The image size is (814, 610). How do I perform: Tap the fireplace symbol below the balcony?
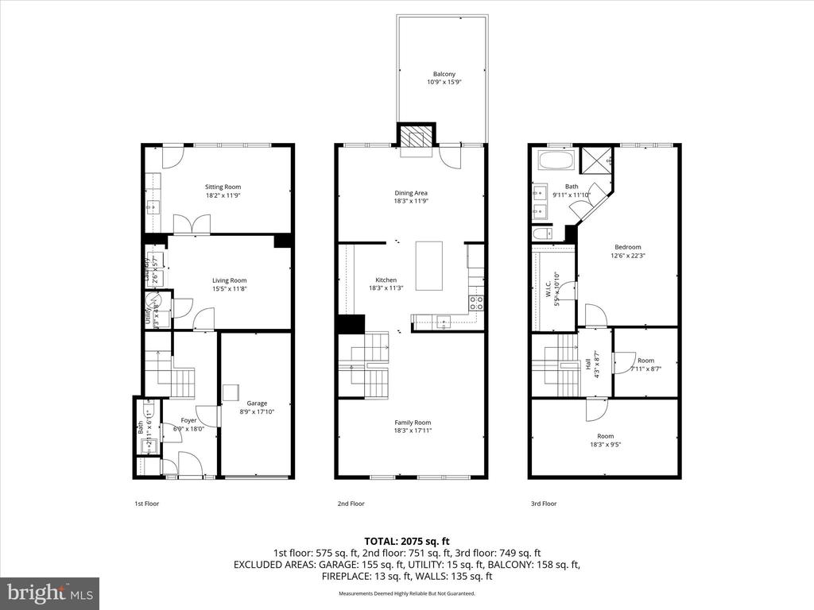tap(417, 137)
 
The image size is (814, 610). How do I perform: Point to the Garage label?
tap(256, 403)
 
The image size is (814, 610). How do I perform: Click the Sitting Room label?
tap(223, 187)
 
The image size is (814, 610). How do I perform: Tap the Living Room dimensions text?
tap(229, 289)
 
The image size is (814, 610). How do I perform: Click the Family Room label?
tap(413, 423)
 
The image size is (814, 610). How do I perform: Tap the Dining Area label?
tap(411, 193)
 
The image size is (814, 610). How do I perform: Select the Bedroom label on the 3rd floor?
tap(626, 247)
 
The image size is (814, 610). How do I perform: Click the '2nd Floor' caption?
tap(351, 504)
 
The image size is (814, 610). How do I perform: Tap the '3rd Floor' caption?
tap(544, 504)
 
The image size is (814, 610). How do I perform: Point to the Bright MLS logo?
tap(49, 593)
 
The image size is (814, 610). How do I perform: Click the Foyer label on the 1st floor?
tap(188, 420)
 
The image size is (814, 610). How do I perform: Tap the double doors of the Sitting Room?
tap(192, 225)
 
